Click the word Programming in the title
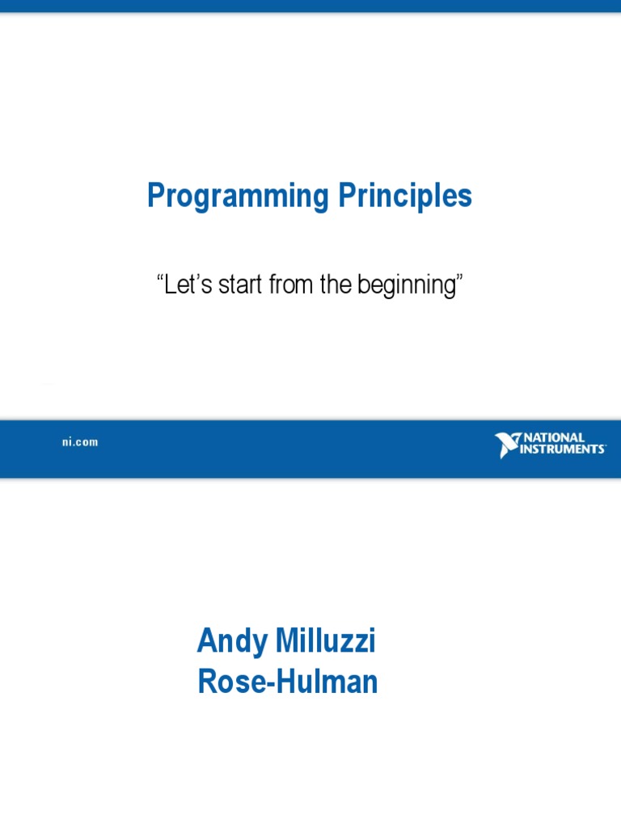click(x=239, y=196)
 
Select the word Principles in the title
click(x=405, y=196)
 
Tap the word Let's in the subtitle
click(x=188, y=284)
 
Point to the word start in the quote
click(x=240, y=284)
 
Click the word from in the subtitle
click(x=291, y=284)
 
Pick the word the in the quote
click(x=336, y=284)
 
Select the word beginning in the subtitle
click(x=408, y=285)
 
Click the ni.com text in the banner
click(x=80, y=442)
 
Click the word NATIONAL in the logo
click(x=554, y=437)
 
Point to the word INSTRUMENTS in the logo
click(x=563, y=449)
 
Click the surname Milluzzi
click(x=326, y=640)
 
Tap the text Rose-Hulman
click(x=288, y=681)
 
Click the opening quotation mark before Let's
click(x=160, y=277)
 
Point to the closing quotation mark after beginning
click(x=460, y=277)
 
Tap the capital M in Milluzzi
click(x=289, y=640)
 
